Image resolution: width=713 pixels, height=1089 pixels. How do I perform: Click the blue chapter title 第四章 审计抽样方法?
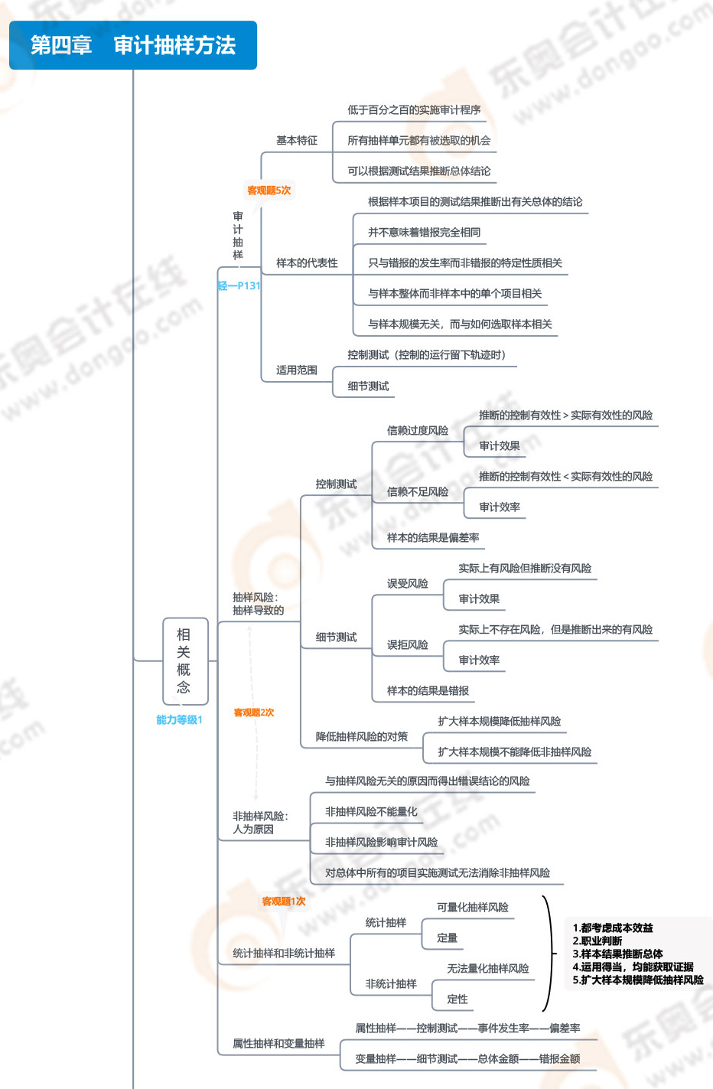132,45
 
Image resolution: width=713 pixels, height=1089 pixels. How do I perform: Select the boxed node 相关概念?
185,660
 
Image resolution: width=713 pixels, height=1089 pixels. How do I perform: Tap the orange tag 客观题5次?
269,190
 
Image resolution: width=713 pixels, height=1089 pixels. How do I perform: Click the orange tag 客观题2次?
254,712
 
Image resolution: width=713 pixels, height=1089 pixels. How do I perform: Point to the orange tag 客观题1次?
283,901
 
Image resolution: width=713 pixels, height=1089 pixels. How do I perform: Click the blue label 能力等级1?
179,719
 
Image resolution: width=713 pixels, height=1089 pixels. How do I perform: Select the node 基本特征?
297,141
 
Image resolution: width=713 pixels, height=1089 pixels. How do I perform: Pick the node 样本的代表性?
307,263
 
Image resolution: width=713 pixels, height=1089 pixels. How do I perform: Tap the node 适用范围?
297,370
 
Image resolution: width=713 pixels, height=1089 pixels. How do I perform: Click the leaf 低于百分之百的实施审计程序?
414,110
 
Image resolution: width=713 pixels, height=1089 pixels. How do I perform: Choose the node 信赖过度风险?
418,430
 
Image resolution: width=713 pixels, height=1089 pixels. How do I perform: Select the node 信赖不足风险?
418,491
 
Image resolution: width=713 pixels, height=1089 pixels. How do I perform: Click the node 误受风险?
407,583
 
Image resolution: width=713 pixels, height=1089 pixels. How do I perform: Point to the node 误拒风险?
407,644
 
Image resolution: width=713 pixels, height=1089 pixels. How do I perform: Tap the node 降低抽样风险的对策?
362,736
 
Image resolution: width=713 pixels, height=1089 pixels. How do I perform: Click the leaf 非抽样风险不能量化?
371,811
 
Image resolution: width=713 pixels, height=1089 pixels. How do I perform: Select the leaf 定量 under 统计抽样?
447,937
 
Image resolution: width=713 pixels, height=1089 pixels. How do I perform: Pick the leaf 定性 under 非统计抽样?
457,999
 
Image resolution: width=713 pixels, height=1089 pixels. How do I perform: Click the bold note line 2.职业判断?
597,941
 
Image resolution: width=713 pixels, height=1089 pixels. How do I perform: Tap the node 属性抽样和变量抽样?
278,1043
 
